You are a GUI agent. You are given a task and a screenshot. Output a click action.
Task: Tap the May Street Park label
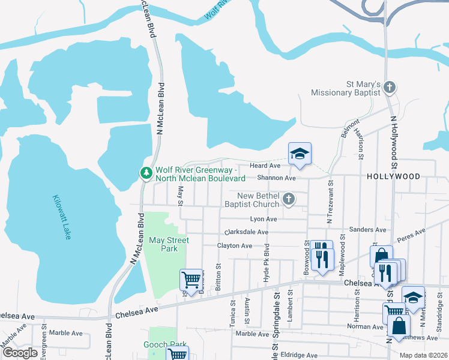(169, 244)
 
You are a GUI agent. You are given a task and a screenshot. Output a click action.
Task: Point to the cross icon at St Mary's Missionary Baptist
(390, 88)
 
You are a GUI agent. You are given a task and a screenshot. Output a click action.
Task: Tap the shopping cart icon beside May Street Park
(191, 279)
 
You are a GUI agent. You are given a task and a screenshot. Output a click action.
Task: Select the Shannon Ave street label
(276, 178)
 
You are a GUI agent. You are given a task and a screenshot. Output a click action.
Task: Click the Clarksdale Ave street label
(246, 232)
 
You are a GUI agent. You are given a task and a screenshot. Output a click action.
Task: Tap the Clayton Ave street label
(234, 246)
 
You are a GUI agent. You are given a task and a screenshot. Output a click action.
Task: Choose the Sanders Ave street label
(367, 230)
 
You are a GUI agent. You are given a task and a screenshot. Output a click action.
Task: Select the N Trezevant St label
(329, 205)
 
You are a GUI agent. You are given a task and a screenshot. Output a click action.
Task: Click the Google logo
(20, 353)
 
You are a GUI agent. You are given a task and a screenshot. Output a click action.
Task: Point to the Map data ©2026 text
(424, 355)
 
